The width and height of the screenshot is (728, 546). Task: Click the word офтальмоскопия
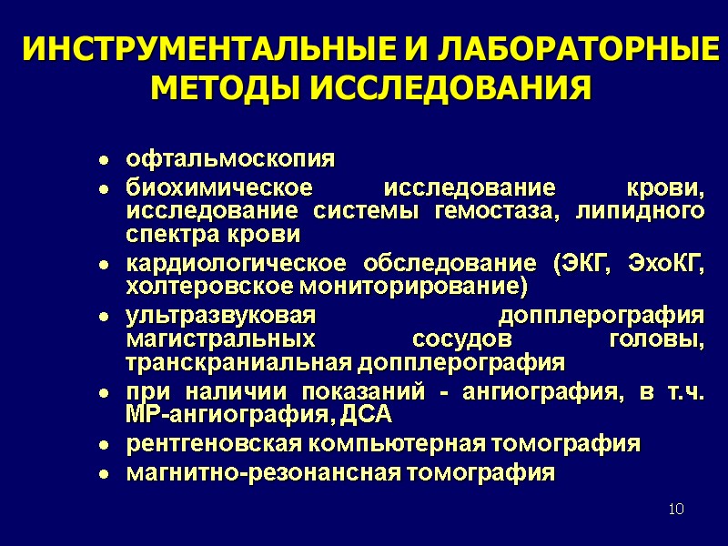230,160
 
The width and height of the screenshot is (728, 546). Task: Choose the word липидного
651,211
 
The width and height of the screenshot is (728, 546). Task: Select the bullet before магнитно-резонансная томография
105,475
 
